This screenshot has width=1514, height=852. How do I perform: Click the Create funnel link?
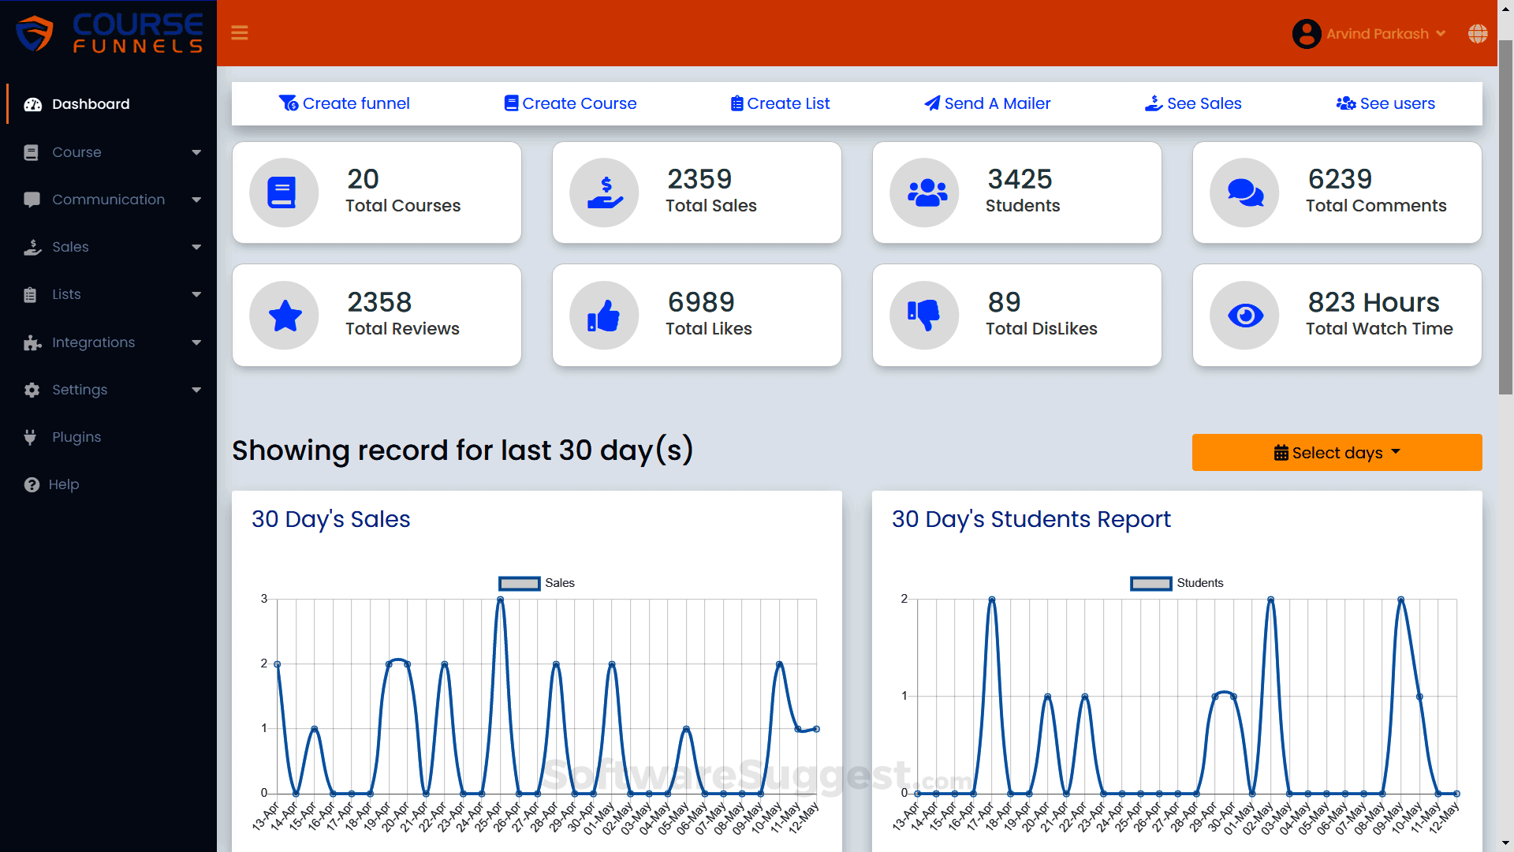(345, 103)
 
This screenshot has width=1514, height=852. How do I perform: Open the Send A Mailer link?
(987, 103)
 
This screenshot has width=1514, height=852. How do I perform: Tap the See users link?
(1385, 103)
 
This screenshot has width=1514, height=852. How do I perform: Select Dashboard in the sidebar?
(90, 104)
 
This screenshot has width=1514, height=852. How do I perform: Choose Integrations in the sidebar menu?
(93, 342)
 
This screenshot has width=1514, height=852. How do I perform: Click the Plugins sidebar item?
(76, 437)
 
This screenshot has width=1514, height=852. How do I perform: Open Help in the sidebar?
(63, 484)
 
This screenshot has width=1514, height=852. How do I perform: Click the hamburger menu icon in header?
(240, 33)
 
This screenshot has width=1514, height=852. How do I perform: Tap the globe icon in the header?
(1478, 33)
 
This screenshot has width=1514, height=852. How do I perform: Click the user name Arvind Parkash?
(1377, 34)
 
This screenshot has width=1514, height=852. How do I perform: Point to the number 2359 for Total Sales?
(699, 179)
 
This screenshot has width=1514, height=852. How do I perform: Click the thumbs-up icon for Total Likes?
(604, 316)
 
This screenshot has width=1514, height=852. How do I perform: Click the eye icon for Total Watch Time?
(1245, 316)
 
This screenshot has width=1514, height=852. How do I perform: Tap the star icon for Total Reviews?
(285, 316)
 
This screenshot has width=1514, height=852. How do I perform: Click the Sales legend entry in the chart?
(537, 583)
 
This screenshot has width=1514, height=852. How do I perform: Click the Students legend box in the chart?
(1150, 583)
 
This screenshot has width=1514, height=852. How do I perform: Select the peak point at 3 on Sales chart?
(500, 600)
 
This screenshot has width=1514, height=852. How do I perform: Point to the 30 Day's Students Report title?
(1031, 519)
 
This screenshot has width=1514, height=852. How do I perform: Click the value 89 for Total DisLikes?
(1004, 302)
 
